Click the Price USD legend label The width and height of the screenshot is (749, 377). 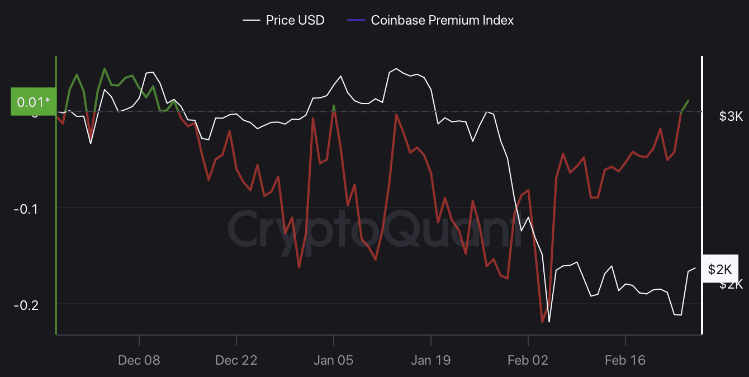coord(295,21)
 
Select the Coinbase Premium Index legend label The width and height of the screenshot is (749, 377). coord(442,21)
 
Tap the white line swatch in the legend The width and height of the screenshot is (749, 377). coord(252,21)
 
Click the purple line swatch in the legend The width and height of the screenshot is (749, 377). coord(356,21)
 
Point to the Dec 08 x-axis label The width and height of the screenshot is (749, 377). coord(139,360)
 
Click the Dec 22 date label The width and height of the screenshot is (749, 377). coord(236,360)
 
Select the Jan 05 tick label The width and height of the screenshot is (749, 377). coord(333,360)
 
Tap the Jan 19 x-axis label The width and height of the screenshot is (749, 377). coord(430,360)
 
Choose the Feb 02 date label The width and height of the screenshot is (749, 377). coord(528,360)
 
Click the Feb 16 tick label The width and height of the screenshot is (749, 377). coord(625,360)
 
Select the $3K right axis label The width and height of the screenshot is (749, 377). coord(731,116)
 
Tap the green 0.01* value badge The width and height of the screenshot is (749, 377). coord(33,102)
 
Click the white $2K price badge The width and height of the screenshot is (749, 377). coord(719,269)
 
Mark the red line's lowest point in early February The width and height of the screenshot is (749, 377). coord(542,322)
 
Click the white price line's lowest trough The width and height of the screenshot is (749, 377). coord(549,322)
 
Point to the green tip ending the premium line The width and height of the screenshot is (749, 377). coord(688,101)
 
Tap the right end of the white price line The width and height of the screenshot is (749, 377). coord(695,268)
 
